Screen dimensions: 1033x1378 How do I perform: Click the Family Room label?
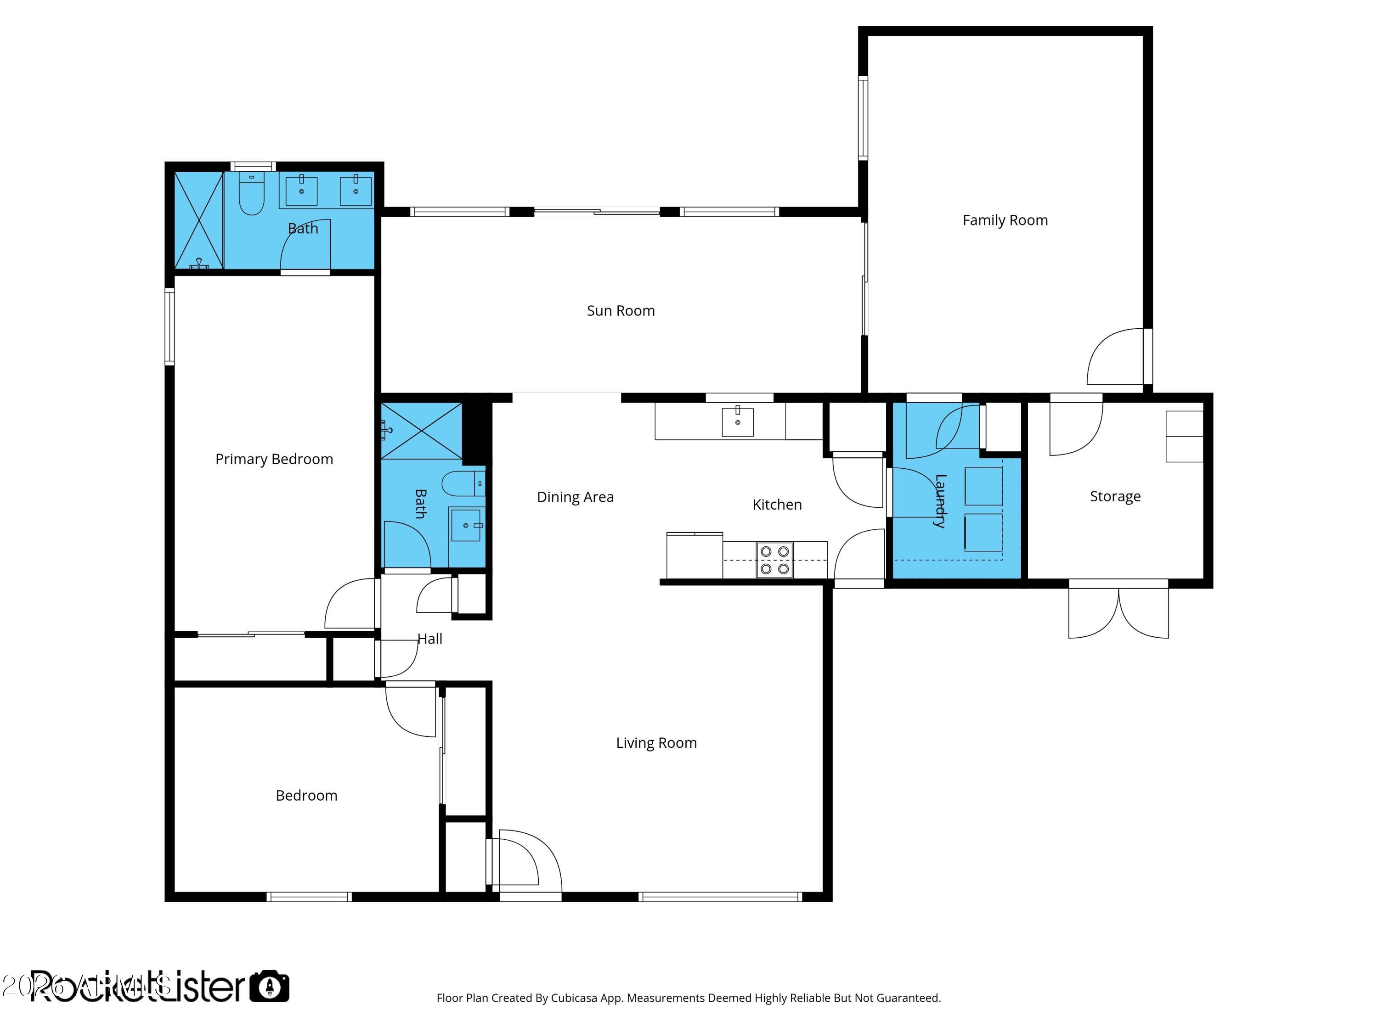click(x=1005, y=220)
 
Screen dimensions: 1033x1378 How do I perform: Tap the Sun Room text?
click(x=621, y=311)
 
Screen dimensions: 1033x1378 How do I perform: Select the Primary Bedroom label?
click(x=274, y=460)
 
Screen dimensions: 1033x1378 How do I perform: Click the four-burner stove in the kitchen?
click(x=774, y=560)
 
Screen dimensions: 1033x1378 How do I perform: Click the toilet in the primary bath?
click(x=252, y=194)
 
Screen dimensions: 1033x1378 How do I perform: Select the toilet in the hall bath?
click(x=461, y=483)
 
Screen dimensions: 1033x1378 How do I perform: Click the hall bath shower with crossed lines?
click(x=421, y=431)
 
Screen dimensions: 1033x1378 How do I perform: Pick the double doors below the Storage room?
click(x=1118, y=613)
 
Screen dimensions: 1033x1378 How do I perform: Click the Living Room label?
click(x=656, y=743)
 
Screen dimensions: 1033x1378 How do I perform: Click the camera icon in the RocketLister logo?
click(x=269, y=986)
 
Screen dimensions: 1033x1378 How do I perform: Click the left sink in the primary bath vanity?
click(x=301, y=191)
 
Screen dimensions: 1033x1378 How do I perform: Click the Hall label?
click(x=430, y=639)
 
